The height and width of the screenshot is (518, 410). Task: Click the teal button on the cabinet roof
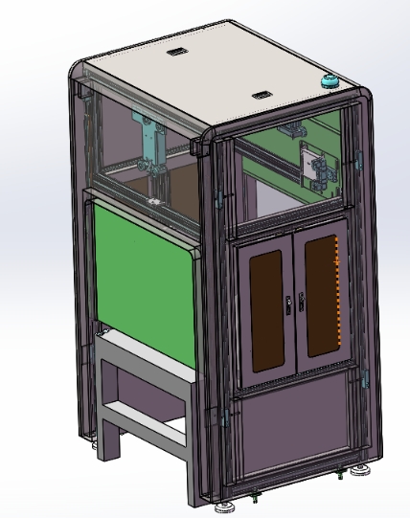point(330,83)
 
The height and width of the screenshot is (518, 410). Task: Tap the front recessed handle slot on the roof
point(261,95)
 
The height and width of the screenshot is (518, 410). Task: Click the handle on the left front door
point(288,305)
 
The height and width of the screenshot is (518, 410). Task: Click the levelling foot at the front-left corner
point(227,505)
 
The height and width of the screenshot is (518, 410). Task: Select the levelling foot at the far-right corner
point(363,470)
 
